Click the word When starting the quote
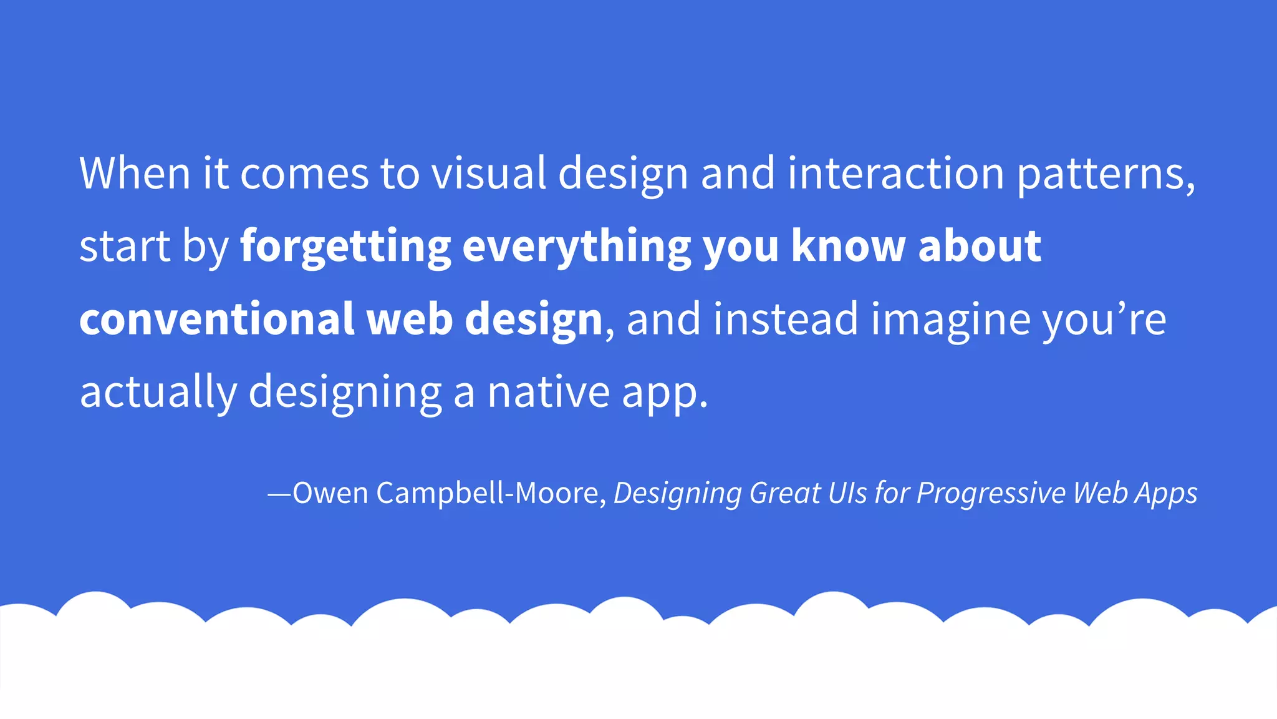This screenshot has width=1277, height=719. coord(135,173)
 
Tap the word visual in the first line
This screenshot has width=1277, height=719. coord(489,173)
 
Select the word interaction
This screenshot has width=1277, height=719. coord(895,173)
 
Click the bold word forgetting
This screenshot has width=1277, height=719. coord(345,247)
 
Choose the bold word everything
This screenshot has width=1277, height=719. coord(576,247)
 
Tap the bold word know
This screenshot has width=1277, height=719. coord(848,246)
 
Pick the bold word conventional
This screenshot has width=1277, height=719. coord(216,319)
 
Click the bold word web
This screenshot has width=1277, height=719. coord(409,319)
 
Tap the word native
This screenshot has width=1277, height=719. coord(548,392)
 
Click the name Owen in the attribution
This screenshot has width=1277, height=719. coord(330,493)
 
